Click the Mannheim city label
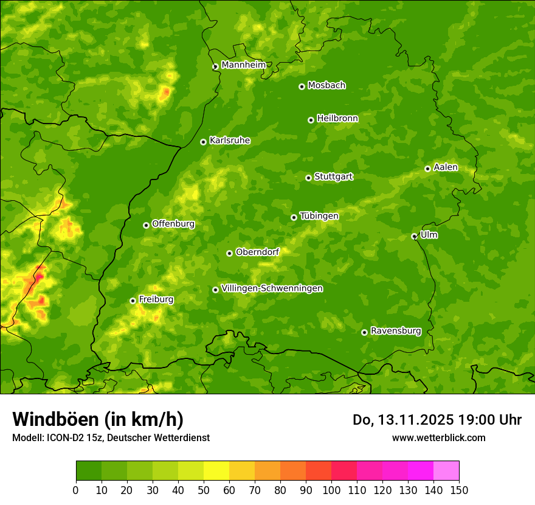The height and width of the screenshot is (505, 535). tap(243, 65)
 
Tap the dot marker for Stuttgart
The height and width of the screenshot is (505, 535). tap(308, 178)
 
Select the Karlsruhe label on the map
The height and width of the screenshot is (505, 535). tap(229, 141)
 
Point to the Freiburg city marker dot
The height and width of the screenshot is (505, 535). tap(133, 301)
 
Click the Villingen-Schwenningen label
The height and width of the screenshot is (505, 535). tap(272, 288)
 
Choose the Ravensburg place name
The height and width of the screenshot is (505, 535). tap(395, 331)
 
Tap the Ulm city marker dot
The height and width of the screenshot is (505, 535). tap(414, 236)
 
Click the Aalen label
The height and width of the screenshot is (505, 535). tap(445, 167)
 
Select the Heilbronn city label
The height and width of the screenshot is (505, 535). tap(337, 119)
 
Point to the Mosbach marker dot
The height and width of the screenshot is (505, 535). tap(302, 86)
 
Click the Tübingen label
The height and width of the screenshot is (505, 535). tap(319, 216)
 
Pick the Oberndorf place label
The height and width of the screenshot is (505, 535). tap(257, 252)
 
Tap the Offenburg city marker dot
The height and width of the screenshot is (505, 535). tap(146, 225)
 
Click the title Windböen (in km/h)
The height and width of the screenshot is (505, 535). tap(97, 419)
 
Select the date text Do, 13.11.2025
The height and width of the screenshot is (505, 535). tap(402, 420)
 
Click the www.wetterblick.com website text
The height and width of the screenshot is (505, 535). tap(438, 437)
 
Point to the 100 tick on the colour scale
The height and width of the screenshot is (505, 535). tap(331, 490)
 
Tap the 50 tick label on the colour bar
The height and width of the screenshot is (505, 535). tap(204, 490)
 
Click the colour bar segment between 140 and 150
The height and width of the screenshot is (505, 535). tap(446, 470)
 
